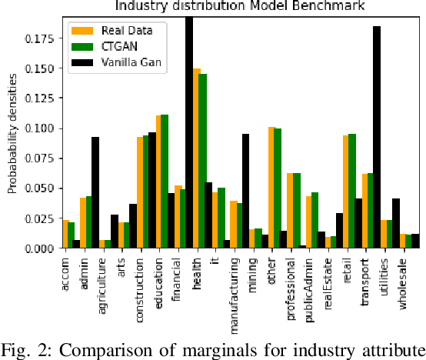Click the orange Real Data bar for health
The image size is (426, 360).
(x=196, y=158)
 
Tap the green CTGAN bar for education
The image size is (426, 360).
(x=165, y=181)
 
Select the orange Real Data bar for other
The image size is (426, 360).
(x=271, y=187)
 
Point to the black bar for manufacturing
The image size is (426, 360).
(x=245, y=191)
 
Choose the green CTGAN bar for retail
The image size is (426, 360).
(x=351, y=191)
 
